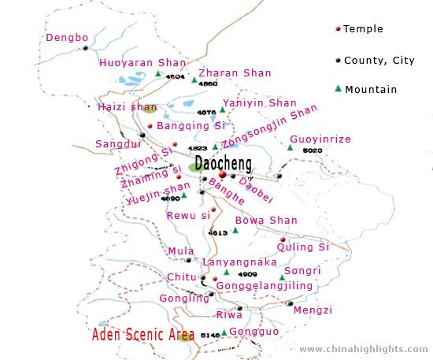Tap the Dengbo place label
66,37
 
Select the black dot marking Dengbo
85,49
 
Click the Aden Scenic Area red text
143,335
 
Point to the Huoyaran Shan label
142,63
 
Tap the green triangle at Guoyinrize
290,147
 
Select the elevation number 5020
313,150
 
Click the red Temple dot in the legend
338,29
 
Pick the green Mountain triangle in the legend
338,88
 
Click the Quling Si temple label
302,247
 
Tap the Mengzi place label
313,310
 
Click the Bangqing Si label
191,125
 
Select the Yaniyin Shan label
259,103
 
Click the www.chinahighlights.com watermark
364,348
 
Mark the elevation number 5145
210,335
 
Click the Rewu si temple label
189,215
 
